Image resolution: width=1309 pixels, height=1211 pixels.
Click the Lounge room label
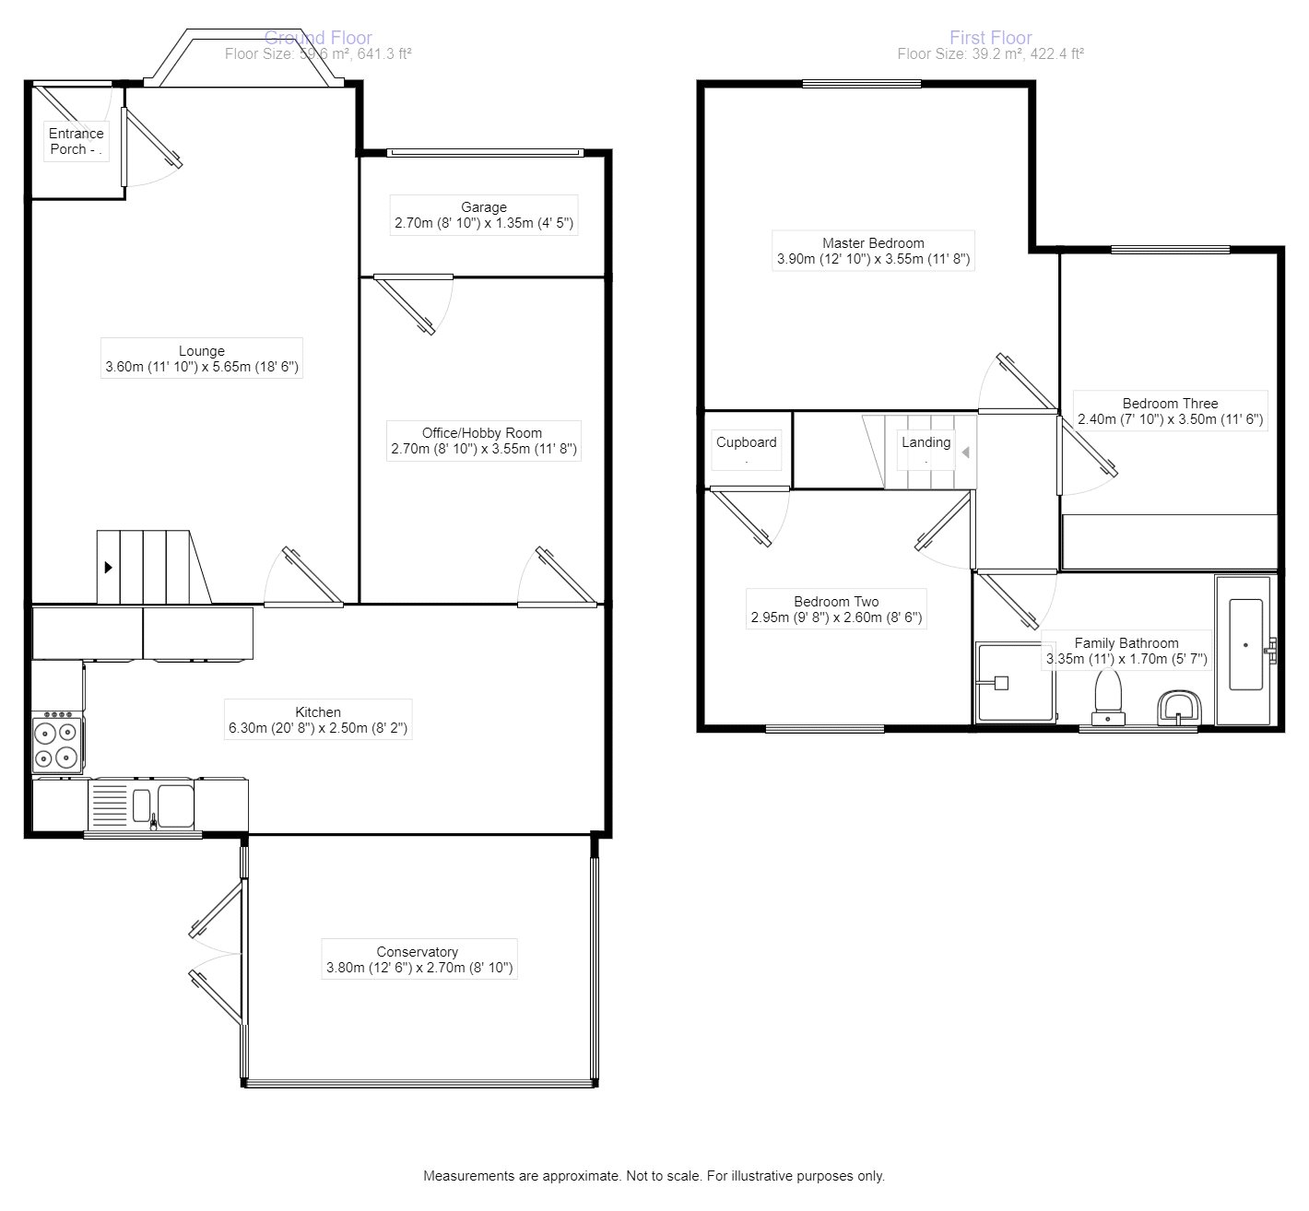202,351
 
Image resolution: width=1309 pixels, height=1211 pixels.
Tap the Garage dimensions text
484,224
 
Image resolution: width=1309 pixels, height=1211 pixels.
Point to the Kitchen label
318,712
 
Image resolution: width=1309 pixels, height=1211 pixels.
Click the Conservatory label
417,952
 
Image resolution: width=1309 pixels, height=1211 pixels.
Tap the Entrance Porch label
76,141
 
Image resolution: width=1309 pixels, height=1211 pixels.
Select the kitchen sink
157,804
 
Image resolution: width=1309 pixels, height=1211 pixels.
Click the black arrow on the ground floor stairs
109,568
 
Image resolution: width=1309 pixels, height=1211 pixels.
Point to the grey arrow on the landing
965,453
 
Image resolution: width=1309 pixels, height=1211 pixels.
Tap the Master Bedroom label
873,243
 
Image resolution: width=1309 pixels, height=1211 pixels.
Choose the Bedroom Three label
1170,404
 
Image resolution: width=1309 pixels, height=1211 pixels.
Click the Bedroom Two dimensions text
836,618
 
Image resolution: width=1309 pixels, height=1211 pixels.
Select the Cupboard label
746,442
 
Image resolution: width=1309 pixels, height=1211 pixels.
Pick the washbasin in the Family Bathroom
1178,708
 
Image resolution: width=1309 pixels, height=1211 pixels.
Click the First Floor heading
990,38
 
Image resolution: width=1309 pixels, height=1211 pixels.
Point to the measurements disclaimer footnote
654,1176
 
